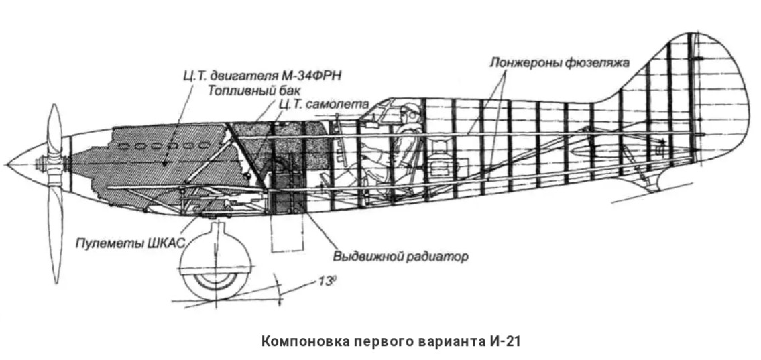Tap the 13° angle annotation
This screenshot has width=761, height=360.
click(327, 282)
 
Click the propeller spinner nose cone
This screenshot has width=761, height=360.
click(20, 164)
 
